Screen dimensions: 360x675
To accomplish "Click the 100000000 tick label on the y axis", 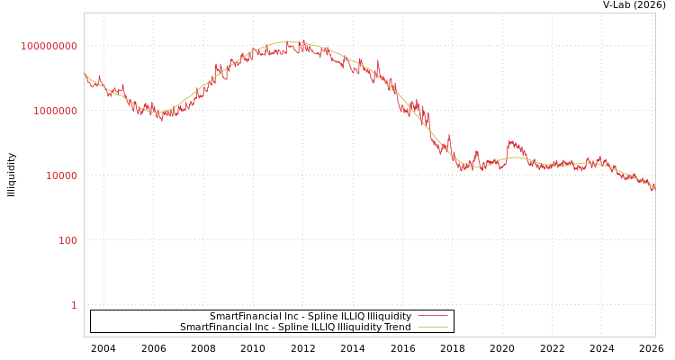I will (x=49, y=46).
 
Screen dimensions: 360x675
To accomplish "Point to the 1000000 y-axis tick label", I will (x=56, y=111).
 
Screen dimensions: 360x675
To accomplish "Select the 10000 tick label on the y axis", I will (x=62, y=175).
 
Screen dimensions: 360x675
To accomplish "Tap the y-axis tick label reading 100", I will (x=68, y=240).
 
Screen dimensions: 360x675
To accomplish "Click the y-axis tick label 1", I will (x=75, y=305).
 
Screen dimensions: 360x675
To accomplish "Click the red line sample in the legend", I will (x=432, y=317).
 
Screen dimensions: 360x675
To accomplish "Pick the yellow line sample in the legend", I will (x=432, y=328).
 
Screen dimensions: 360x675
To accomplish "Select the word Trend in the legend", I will (x=397, y=328).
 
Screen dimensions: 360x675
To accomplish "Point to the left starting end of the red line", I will (x=85, y=75).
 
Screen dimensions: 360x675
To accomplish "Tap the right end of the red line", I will (x=654, y=190).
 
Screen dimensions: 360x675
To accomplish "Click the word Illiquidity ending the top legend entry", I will (x=389, y=317).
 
